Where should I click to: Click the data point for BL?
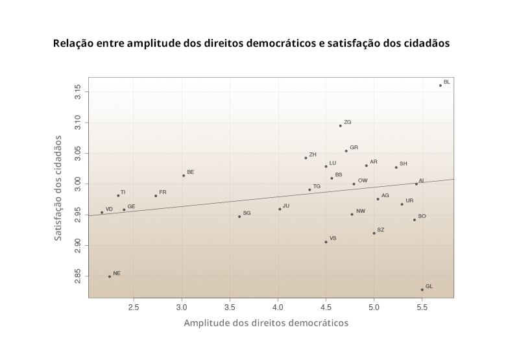point(441,86)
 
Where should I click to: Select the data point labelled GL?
point(422,290)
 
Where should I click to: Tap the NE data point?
point(110,276)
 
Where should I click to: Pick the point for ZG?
point(341,125)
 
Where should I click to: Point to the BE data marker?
point(184,175)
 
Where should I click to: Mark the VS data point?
point(326,242)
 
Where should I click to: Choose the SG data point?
point(239,216)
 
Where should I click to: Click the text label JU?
point(286,206)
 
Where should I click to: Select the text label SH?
point(404,163)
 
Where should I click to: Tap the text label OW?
point(363,180)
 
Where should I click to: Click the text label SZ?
point(381,230)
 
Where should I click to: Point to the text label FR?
point(163,192)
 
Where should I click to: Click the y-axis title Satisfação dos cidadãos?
point(58,188)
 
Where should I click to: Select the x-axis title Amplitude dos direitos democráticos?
point(266,323)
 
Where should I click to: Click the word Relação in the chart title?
point(73,43)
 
